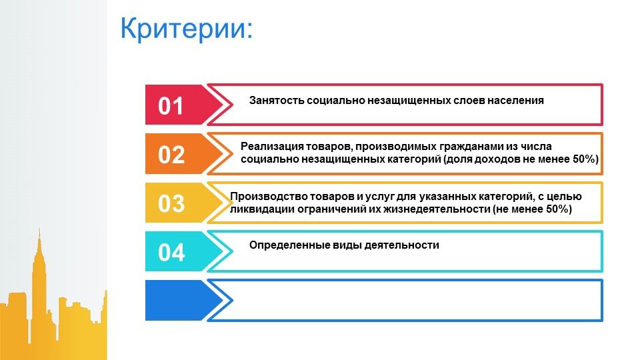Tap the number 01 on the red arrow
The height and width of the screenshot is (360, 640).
pyautogui.click(x=171, y=106)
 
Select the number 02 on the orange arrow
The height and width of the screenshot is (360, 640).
pyautogui.click(x=171, y=155)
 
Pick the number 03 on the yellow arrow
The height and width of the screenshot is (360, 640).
pyautogui.click(x=171, y=203)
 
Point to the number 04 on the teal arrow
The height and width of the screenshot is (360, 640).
pyautogui.click(x=171, y=252)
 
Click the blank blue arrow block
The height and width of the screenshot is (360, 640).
pyautogui.click(x=184, y=300)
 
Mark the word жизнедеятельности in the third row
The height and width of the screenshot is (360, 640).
pyautogui.click(x=439, y=209)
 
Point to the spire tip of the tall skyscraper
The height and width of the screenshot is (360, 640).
pyautogui.click(x=39, y=229)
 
